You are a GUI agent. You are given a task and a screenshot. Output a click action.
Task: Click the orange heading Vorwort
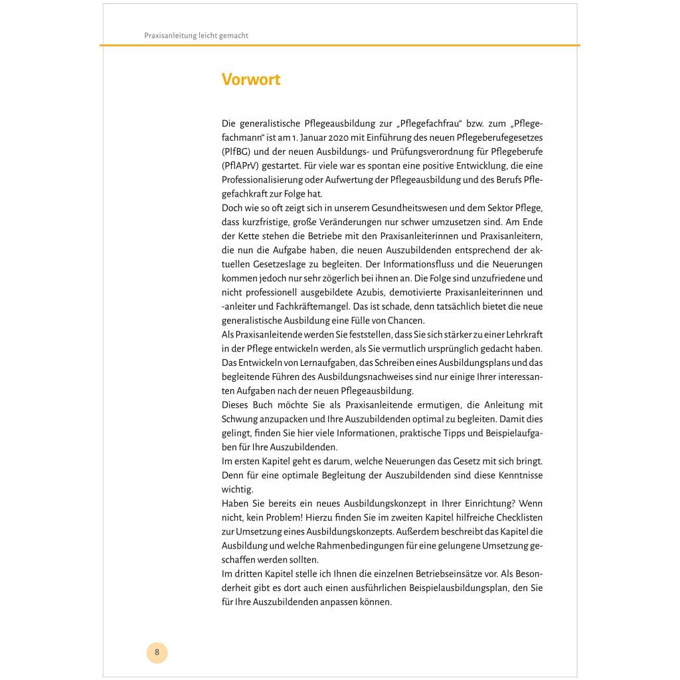coord(251,80)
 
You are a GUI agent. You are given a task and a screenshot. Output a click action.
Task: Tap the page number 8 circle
coord(157,652)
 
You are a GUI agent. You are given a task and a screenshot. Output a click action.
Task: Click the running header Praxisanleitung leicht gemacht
coord(196,36)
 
